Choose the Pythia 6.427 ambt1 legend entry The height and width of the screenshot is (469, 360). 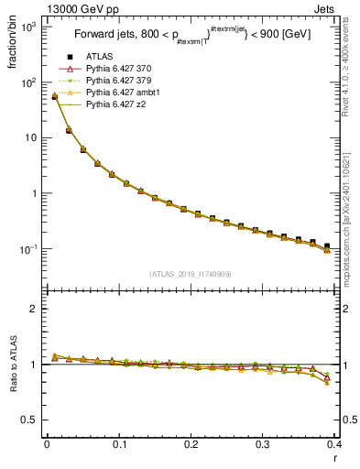[125, 93]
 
